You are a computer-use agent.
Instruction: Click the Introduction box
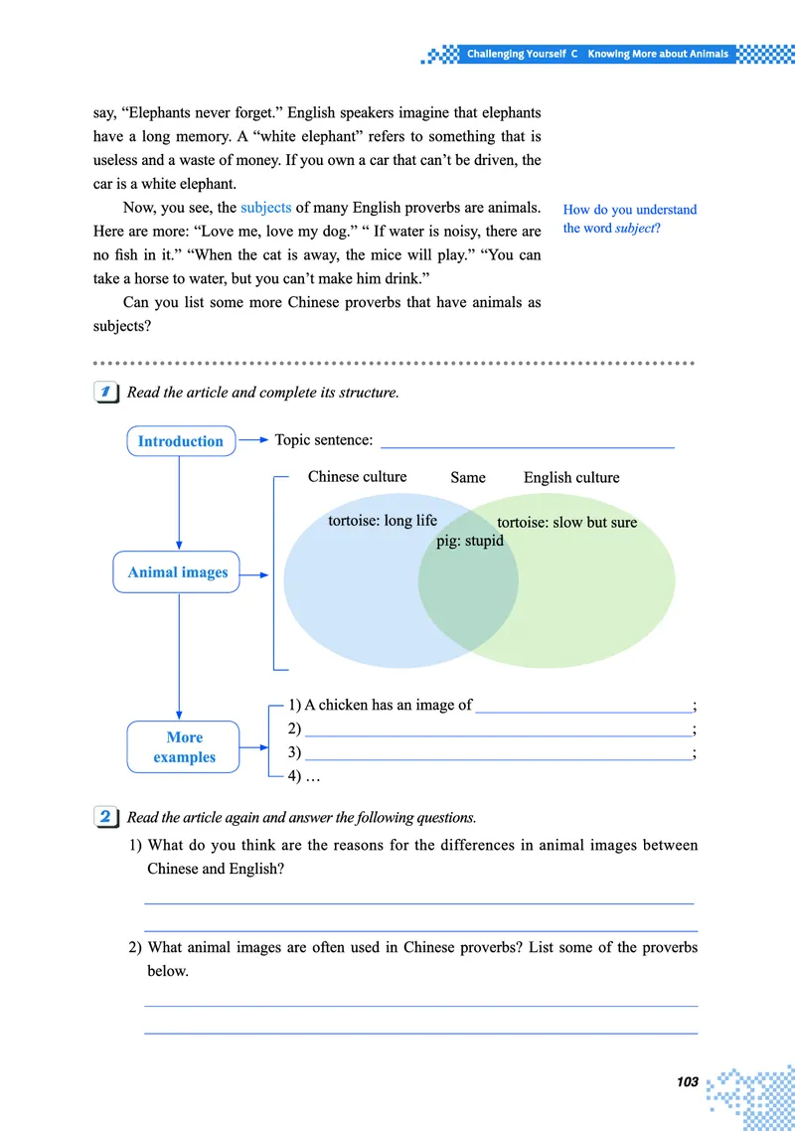(181, 441)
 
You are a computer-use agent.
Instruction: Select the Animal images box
(178, 572)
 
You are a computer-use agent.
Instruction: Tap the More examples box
(185, 747)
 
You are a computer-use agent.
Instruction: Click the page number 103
(685, 1081)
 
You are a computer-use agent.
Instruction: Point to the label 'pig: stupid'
(470, 542)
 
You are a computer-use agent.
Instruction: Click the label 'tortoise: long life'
(383, 521)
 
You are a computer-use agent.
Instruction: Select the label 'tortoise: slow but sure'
(566, 522)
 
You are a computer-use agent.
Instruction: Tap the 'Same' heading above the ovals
(468, 477)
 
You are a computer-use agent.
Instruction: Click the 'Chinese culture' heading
(357, 477)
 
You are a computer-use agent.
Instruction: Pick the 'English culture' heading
(571, 477)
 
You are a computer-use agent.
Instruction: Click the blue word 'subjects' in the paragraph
(266, 208)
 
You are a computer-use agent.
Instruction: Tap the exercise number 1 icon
(105, 392)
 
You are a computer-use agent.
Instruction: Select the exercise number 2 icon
(105, 817)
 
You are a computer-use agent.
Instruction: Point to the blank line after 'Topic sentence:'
(527, 444)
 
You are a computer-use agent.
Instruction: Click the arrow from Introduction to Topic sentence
(253, 439)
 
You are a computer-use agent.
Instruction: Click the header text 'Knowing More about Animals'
(658, 54)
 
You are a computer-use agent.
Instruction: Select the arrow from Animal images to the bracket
(254, 573)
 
